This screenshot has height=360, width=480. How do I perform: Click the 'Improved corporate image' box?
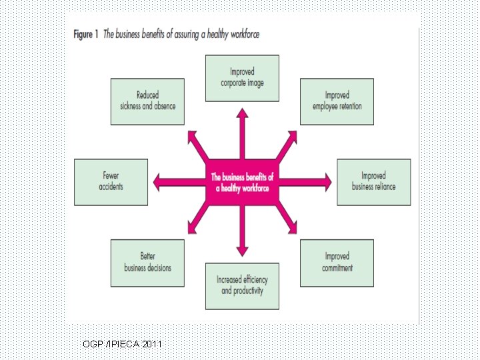pyautogui.click(x=242, y=78)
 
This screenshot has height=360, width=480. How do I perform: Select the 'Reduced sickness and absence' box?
pyautogui.click(x=147, y=101)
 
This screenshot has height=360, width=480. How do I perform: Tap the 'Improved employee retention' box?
pyautogui.click(x=337, y=101)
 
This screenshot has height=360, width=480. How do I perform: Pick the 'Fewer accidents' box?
pyautogui.click(x=111, y=182)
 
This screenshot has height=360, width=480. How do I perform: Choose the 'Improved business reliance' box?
pyautogui.click(x=374, y=182)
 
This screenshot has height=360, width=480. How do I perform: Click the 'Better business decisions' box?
pyautogui.click(x=147, y=263)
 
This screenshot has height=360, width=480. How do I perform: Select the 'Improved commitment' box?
pyautogui.click(x=337, y=263)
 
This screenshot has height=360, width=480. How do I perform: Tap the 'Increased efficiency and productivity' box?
pyautogui.click(x=242, y=286)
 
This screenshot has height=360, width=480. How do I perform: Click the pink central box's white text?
pyautogui.click(x=242, y=183)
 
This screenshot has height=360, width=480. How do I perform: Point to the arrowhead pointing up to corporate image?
pyautogui.click(x=242, y=113)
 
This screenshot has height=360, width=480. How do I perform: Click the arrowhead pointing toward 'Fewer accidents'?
pyautogui.click(x=157, y=182)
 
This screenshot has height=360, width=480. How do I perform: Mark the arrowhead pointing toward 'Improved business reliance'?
pyautogui.click(x=328, y=182)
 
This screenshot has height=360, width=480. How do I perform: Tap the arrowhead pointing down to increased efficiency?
pyautogui.click(x=242, y=251)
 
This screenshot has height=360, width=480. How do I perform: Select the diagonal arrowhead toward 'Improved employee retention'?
pyautogui.click(x=293, y=135)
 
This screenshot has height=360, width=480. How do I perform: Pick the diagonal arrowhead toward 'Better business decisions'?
pyautogui.click(x=192, y=229)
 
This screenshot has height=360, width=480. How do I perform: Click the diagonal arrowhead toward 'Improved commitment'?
pyautogui.click(x=293, y=229)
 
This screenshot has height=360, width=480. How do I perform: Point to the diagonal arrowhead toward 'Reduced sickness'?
pyautogui.click(x=192, y=135)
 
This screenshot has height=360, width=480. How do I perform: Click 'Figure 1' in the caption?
pyautogui.click(x=86, y=34)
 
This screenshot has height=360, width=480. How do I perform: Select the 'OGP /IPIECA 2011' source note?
pyautogui.click(x=122, y=344)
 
